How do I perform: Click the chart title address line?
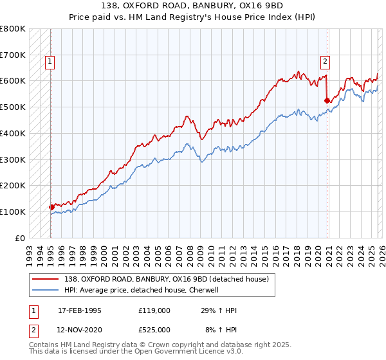(193, 5)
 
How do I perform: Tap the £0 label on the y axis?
(20, 238)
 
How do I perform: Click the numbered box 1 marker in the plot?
(50, 62)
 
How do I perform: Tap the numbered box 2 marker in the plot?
(325, 62)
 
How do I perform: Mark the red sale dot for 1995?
(51, 207)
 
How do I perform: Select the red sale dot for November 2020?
(327, 100)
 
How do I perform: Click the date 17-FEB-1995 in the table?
(80, 310)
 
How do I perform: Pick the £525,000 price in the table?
(154, 330)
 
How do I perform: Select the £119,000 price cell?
(154, 310)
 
